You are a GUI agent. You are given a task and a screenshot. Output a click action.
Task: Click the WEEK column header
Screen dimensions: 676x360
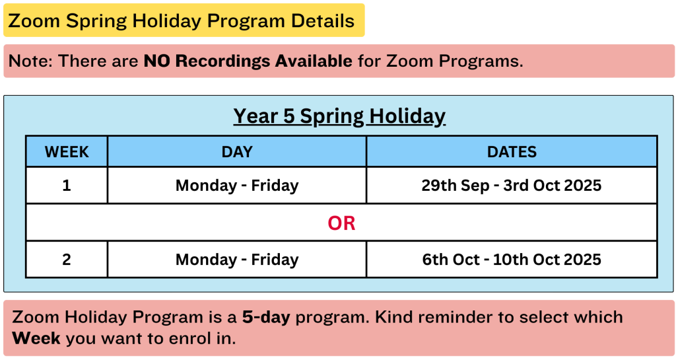(x=67, y=152)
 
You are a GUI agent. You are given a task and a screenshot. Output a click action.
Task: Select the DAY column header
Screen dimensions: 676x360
(x=237, y=152)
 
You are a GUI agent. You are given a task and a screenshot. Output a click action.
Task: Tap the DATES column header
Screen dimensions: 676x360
(x=512, y=152)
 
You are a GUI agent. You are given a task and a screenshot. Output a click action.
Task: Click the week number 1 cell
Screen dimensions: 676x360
(x=67, y=186)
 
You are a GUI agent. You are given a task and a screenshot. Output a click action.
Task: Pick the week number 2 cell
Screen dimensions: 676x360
(x=67, y=260)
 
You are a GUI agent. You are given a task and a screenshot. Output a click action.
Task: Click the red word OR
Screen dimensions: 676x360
(x=341, y=223)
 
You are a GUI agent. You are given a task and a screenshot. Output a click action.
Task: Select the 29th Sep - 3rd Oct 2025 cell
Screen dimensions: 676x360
(x=512, y=186)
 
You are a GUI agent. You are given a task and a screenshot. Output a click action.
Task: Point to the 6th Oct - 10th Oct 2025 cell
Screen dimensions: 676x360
(x=512, y=260)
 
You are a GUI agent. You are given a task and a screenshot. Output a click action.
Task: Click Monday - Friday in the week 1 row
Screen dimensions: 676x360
(x=237, y=186)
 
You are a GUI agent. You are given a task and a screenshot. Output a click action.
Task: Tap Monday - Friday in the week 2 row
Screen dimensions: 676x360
(x=237, y=260)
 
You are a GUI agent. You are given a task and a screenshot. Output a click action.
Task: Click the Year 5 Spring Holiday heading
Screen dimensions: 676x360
(x=339, y=116)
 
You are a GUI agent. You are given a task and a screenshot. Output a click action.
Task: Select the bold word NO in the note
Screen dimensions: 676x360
(x=157, y=61)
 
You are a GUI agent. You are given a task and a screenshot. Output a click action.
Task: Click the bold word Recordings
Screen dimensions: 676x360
(x=223, y=61)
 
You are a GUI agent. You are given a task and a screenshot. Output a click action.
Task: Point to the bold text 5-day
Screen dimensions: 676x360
(x=266, y=318)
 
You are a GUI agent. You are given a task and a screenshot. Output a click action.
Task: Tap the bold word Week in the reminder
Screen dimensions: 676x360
(x=36, y=338)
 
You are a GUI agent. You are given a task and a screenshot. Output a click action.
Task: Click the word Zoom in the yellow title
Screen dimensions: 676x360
(x=34, y=20)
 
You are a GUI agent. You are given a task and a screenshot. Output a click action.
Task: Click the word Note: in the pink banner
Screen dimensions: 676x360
(x=30, y=61)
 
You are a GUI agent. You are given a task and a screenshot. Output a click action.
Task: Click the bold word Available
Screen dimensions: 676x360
(x=314, y=61)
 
